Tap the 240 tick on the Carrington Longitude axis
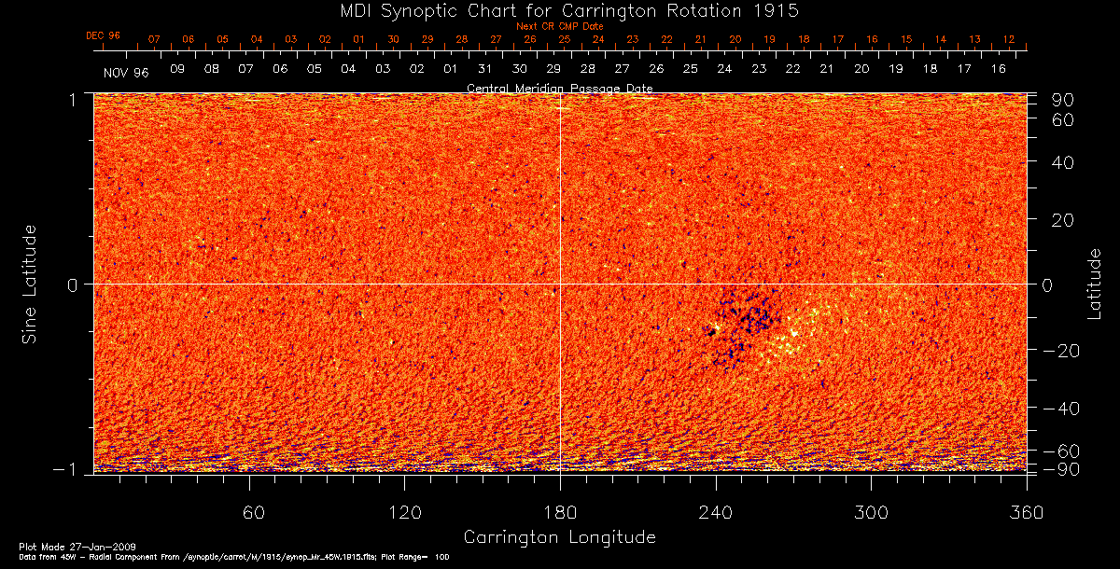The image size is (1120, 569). click(716, 513)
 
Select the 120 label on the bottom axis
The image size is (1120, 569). click(404, 513)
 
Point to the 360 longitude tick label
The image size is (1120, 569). click(1027, 513)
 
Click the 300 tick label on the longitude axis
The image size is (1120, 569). click(871, 513)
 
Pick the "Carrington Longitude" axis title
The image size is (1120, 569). click(559, 537)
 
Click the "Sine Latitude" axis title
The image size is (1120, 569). click(31, 284)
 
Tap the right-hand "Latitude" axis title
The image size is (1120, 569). click(1094, 284)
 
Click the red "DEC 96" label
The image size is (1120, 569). click(103, 35)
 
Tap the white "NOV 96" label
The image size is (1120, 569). click(127, 71)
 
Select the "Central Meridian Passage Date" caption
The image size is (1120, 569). click(559, 88)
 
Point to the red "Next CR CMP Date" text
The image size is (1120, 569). click(559, 26)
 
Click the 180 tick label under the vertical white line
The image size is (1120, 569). click(560, 513)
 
